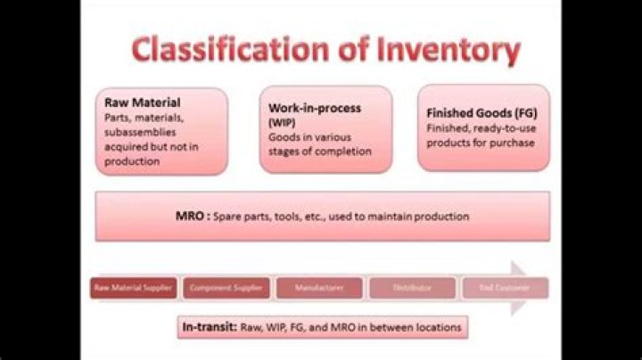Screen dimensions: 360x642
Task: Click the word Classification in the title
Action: (x=214, y=52)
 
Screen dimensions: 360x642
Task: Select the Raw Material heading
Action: (x=143, y=102)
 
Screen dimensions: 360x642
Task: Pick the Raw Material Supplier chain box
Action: (x=134, y=289)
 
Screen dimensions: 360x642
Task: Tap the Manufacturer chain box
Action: (x=318, y=289)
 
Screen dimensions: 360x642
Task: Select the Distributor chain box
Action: (x=410, y=289)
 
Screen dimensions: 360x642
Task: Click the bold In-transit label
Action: (x=209, y=327)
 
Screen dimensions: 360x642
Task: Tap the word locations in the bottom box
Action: (x=434, y=327)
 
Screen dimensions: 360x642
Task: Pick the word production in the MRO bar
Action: (x=440, y=217)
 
